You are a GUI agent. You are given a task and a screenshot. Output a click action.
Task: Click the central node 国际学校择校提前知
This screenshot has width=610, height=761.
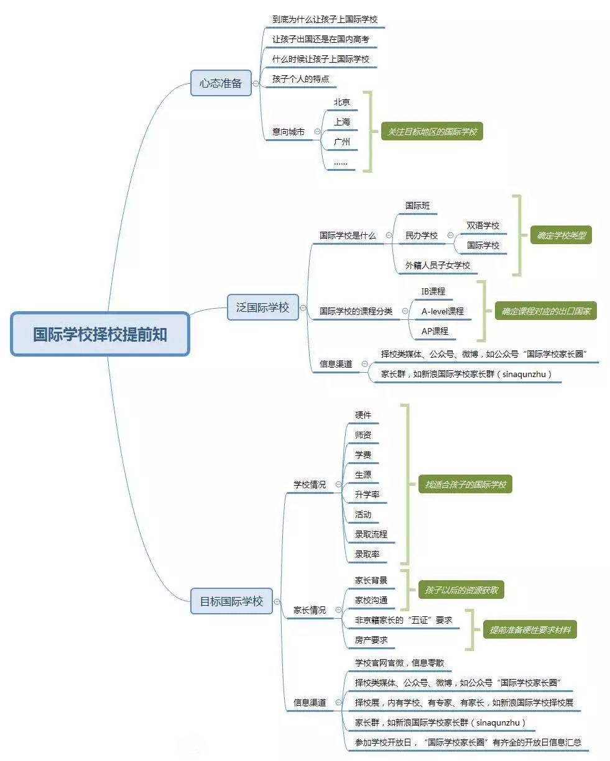tap(100, 334)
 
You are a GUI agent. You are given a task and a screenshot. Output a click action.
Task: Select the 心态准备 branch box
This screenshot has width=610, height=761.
tap(221, 83)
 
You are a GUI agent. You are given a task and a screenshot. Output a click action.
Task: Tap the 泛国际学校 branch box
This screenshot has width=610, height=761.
tap(262, 308)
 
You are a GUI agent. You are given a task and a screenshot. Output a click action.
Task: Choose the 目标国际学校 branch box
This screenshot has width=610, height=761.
tap(231, 601)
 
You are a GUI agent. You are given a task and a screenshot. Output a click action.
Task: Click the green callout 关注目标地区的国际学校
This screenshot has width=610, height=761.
tap(432, 132)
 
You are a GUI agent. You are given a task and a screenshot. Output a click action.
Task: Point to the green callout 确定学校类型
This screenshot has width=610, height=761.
tap(561, 235)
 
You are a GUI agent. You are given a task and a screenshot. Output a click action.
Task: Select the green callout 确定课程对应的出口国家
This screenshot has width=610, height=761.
tap(545, 311)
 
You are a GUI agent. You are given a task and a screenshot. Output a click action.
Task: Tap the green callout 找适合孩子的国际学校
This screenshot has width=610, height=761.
tap(465, 485)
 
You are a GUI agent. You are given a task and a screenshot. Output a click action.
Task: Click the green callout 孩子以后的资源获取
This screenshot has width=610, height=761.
tap(461, 590)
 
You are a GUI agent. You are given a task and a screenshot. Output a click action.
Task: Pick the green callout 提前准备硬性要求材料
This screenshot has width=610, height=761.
tap(530, 630)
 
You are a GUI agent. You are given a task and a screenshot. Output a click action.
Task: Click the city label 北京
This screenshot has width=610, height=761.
tap(342, 102)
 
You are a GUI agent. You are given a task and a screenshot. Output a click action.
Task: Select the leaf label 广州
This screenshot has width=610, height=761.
tap(342, 142)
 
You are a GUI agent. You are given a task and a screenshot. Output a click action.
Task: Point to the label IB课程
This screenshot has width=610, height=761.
tap(433, 291)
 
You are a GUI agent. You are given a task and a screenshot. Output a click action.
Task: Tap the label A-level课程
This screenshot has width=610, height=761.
tap(443, 311)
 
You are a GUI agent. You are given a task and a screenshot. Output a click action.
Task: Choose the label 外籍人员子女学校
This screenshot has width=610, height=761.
tap(438, 265)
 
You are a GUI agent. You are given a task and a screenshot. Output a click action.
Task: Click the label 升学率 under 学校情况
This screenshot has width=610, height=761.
tap(367, 494)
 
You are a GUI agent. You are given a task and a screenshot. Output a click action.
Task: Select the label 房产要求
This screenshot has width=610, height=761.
tap(371, 640)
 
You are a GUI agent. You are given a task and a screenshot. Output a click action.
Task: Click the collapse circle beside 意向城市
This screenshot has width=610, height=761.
tap(317, 132)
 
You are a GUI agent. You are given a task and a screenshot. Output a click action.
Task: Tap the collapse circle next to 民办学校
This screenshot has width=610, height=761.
tap(450, 235)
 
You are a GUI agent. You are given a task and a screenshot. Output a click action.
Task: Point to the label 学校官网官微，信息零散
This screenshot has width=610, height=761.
tap(399, 663)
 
